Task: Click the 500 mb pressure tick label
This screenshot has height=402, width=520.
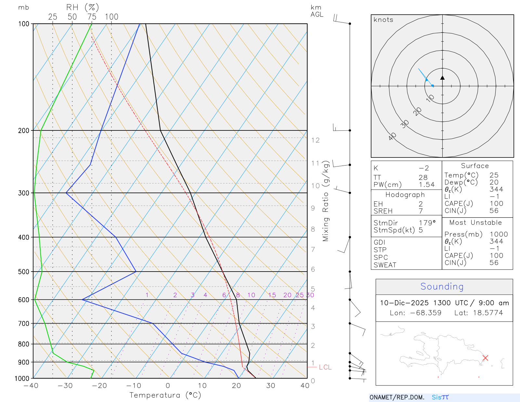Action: (24, 272)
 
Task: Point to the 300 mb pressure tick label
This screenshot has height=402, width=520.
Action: (24, 193)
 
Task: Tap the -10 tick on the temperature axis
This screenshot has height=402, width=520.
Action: (134, 386)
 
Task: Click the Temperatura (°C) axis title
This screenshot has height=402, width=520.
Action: (165, 395)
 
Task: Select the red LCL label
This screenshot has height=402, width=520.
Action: (325, 367)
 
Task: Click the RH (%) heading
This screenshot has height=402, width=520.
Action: (83, 7)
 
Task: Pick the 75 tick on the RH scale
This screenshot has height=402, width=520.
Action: (92, 17)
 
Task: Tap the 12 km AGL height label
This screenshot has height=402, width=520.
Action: (315, 140)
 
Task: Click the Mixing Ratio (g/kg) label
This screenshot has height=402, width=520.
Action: (326, 201)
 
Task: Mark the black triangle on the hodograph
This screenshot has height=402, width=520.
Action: (442, 78)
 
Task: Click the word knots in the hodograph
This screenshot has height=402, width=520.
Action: (383, 20)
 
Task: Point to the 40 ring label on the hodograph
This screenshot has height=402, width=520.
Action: (393, 136)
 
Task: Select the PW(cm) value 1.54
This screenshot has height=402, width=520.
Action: (426, 185)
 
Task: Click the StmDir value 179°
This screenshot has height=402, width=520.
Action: (427, 223)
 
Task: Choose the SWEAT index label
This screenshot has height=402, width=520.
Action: (385, 265)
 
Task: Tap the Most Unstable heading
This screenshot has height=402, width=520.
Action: (475, 222)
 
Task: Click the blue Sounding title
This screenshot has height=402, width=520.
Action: (442, 287)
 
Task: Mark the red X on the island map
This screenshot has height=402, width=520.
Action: (485, 358)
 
